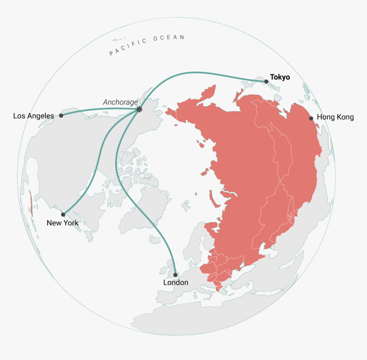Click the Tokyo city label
(280, 77)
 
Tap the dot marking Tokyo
(266, 81)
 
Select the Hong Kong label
(335, 117)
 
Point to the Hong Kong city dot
(311, 118)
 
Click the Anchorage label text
(120, 102)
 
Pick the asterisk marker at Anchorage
(139, 109)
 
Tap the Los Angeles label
(34, 116)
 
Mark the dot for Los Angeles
(61, 115)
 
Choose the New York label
(62, 223)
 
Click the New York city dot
(63, 214)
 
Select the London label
(175, 282)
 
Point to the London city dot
(175, 275)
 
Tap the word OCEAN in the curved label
(169, 38)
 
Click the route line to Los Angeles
(98, 109)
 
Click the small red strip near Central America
(31, 204)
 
